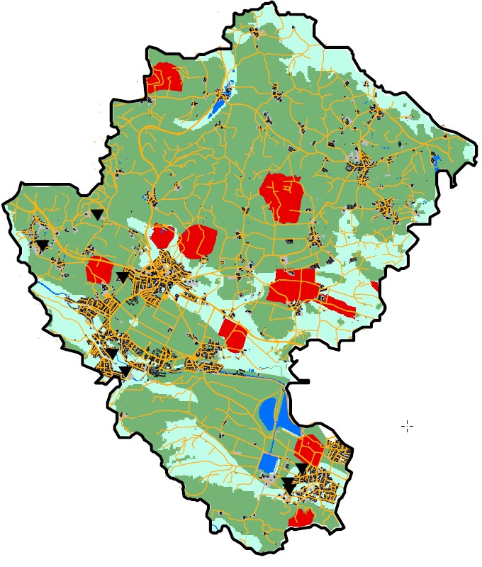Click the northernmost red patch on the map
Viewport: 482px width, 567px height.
[x=164, y=77]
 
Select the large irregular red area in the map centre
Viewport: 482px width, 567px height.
[x=283, y=196]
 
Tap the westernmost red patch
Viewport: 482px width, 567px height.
[x=99, y=271]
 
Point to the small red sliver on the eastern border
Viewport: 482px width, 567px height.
[x=374, y=286]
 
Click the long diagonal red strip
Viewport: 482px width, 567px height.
[x=339, y=305]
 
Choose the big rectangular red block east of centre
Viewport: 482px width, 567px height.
[x=293, y=286]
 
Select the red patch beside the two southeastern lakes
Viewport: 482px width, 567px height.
[x=309, y=449]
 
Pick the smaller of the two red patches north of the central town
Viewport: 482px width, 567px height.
[x=162, y=236]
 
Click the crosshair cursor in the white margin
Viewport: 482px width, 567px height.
[x=408, y=425]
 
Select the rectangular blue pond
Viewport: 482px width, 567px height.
[x=268, y=462]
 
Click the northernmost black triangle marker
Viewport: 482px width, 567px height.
[x=96, y=213]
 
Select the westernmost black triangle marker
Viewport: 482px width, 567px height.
[x=43, y=245]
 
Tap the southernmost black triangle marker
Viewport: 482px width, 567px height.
[x=288, y=485]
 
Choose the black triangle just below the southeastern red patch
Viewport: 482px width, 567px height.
[x=302, y=468]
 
